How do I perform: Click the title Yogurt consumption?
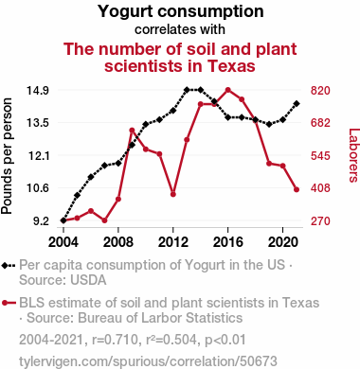(x=180, y=11)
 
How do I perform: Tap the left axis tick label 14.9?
(x=37, y=91)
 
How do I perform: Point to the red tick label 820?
(x=320, y=91)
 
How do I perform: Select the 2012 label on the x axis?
(x=173, y=242)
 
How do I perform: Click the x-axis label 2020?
(x=283, y=242)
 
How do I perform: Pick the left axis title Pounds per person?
(x=7, y=156)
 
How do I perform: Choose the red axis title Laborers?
(x=353, y=155)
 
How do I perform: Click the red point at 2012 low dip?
(x=173, y=194)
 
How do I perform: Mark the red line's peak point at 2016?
(x=228, y=90)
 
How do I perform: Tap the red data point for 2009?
(x=132, y=130)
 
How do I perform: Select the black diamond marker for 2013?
(x=187, y=90)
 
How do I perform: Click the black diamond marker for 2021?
(x=297, y=104)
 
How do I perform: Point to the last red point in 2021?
(x=297, y=189)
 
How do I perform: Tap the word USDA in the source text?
(x=89, y=280)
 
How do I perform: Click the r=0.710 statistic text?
(x=115, y=340)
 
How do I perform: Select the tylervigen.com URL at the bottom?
(x=148, y=361)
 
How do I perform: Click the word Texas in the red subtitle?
(x=231, y=66)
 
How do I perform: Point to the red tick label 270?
(x=320, y=221)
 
